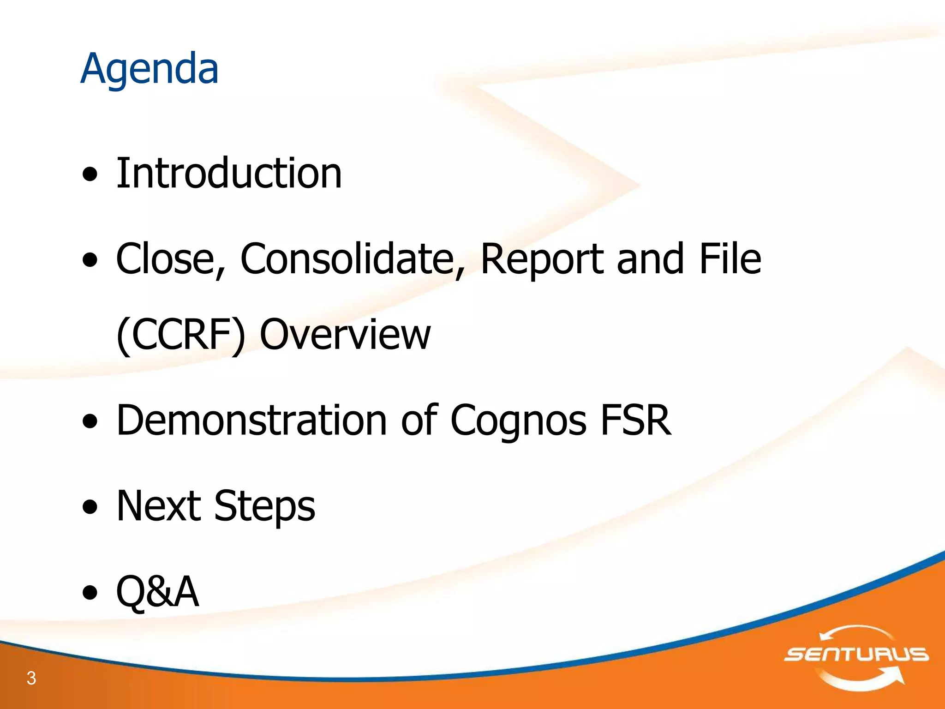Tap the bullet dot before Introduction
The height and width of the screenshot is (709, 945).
(x=90, y=174)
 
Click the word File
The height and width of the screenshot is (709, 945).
(x=730, y=259)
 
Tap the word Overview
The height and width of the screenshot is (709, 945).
(x=345, y=335)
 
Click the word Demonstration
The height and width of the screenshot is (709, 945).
(x=251, y=420)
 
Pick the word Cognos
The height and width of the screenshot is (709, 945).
(x=518, y=420)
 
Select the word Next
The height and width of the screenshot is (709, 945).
(x=159, y=506)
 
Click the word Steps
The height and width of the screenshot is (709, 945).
(x=265, y=506)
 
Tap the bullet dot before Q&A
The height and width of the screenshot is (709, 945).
(x=90, y=592)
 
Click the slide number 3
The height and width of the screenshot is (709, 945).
(x=31, y=678)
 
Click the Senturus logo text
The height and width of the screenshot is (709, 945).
(x=856, y=654)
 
